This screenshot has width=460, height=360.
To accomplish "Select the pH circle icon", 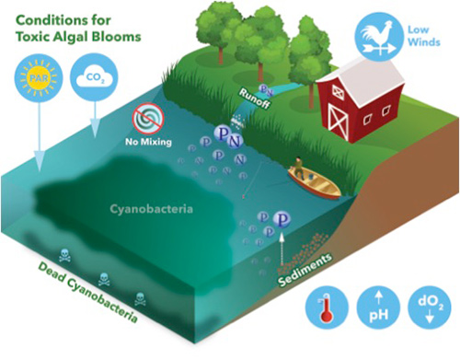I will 377,309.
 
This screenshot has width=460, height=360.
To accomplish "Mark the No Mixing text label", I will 147,143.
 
